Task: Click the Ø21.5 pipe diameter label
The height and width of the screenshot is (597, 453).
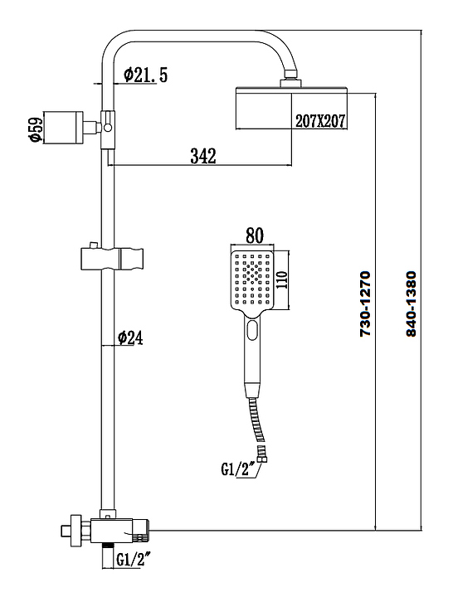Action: [145, 75]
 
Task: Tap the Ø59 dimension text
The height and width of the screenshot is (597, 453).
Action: [36, 129]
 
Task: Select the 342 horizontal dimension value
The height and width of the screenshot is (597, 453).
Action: [203, 156]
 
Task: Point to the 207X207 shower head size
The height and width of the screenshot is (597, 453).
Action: [320, 121]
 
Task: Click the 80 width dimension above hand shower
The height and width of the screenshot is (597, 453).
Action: [255, 235]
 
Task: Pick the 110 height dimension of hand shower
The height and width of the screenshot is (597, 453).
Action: [281, 280]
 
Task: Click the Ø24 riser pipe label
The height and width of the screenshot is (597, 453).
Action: [130, 337]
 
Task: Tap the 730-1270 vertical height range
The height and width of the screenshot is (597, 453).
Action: [365, 303]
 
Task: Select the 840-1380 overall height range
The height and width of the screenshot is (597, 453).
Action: [411, 303]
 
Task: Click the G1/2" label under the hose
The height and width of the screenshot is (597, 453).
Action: [238, 469]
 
